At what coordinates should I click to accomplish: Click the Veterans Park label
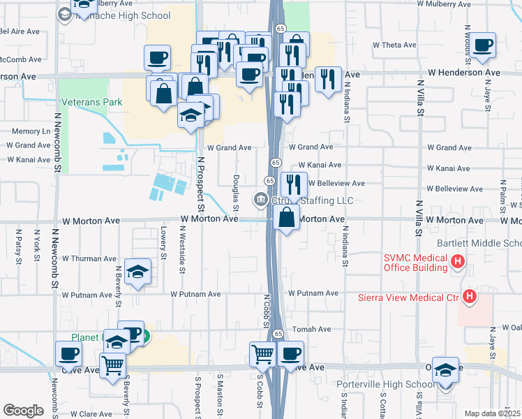coord(91,102)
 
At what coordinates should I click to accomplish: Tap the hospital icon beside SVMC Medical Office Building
coord(458,262)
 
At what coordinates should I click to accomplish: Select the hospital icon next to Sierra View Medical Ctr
coord(470,297)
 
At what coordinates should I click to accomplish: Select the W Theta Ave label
coord(394,44)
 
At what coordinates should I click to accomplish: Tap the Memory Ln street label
coord(31,131)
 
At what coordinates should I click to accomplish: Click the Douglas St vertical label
coord(237,193)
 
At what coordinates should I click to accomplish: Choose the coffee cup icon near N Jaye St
coord(483,45)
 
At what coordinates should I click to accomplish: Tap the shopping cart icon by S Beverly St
coord(112,363)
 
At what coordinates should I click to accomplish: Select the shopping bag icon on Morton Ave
coord(287,217)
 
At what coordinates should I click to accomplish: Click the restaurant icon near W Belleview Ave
coord(294,184)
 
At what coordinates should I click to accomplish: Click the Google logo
coord(23,410)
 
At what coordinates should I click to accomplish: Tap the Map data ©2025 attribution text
coord(493,413)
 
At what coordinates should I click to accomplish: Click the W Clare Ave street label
coord(87,413)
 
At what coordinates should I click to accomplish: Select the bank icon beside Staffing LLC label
coord(261,200)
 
